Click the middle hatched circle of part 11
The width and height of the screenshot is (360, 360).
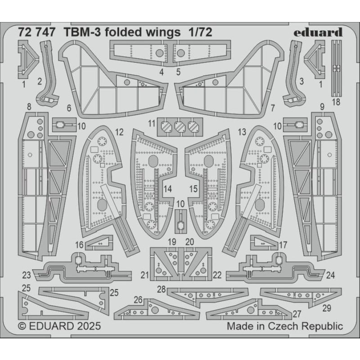180,126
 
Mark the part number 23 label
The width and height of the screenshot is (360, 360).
26,275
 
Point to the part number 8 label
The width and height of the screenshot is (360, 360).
29,107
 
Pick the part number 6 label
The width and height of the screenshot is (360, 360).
69,108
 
